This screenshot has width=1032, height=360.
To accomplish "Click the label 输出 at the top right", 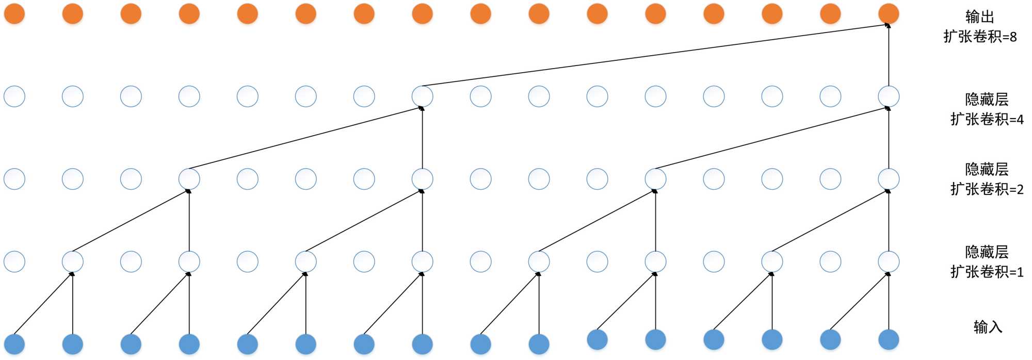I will [979, 17].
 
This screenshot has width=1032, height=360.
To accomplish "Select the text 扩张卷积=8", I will [980, 37].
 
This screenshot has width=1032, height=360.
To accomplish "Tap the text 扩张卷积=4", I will [987, 119].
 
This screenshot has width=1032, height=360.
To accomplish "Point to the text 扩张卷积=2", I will [987, 189].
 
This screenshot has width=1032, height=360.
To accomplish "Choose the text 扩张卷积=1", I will [987, 272].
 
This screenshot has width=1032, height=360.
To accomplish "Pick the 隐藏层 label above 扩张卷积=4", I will [987, 100].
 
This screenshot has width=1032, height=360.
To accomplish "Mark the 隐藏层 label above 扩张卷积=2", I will [987, 170].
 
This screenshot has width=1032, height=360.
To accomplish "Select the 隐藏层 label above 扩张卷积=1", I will [987, 252].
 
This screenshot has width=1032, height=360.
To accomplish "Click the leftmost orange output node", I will [14, 14].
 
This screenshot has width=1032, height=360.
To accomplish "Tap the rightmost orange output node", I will [889, 14].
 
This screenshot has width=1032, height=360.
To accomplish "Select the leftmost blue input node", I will [14, 344].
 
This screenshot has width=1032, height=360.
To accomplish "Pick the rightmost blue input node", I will [889, 340].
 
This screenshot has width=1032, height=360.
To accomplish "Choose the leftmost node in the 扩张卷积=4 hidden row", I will [14, 96].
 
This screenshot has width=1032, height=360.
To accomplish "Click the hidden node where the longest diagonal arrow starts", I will [422, 96].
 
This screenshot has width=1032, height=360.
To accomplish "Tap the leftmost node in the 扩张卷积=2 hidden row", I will [14, 179].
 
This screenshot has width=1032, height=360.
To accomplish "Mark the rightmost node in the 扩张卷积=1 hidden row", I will [889, 261].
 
